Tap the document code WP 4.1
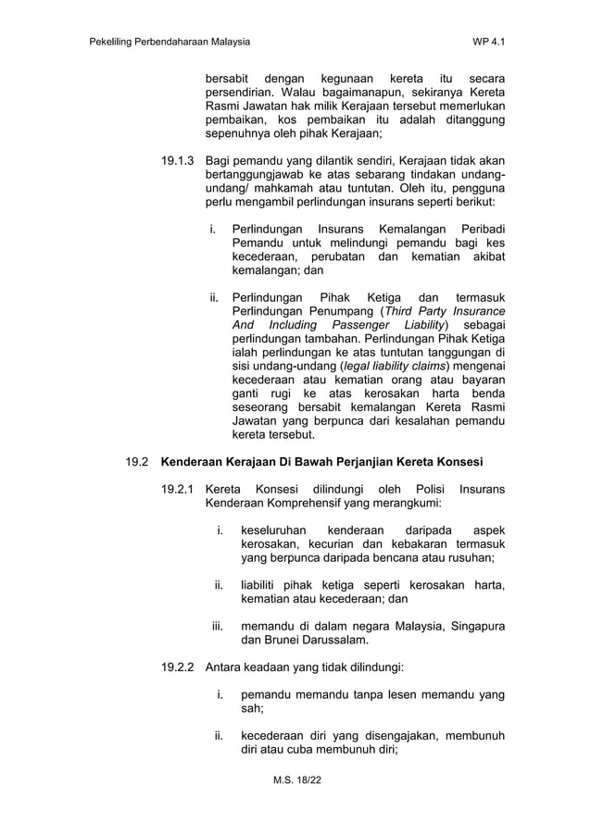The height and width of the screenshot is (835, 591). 488,43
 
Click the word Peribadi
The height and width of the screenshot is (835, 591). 477,229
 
